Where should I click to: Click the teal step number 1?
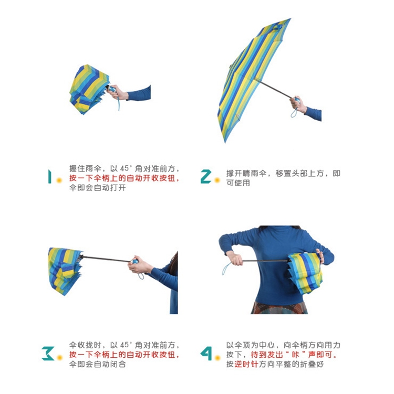(x=49, y=176)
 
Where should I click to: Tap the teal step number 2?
(x=206, y=176)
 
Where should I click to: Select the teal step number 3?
(x=48, y=353)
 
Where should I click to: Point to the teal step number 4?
(x=206, y=353)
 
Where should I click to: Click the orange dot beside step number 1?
(x=59, y=180)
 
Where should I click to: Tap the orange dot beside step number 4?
(x=217, y=357)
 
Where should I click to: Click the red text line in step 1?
(x=125, y=178)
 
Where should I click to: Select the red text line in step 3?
(x=125, y=355)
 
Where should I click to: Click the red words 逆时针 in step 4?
(x=246, y=364)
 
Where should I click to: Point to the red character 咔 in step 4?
(x=295, y=355)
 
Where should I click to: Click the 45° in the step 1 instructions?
(x=126, y=168)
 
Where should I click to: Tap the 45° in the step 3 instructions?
(x=126, y=345)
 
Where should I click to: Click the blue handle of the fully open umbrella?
(x=297, y=100)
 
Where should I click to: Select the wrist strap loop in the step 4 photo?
(x=226, y=269)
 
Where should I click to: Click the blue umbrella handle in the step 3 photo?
(x=134, y=261)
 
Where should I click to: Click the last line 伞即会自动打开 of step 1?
(x=97, y=188)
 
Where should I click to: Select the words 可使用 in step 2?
(x=238, y=183)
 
